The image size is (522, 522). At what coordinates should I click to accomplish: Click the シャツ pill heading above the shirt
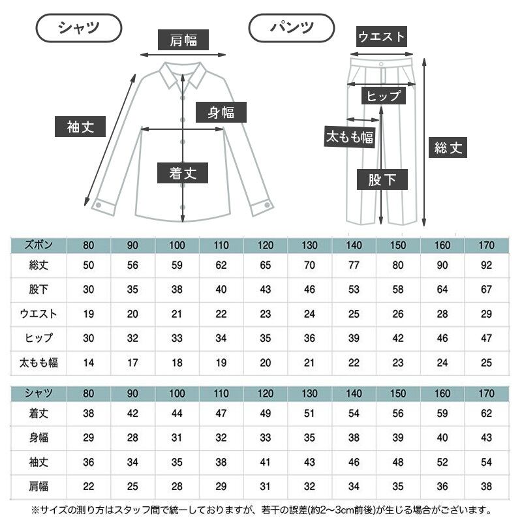(78, 27)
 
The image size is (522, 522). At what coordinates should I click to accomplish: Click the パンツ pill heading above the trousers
(292, 27)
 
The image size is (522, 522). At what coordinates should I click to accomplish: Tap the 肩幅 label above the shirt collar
(183, 40)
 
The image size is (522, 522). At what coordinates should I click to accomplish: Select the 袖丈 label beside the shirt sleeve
(80, 126)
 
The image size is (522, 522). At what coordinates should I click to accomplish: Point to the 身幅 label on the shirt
(221, 112)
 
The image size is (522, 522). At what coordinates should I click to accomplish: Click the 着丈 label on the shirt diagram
(183, 173)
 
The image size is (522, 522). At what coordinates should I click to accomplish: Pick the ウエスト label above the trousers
(382, 37)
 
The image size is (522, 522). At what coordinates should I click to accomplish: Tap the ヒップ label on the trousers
(383, 96)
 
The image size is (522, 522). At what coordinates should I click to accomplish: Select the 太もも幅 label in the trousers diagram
(349, 137)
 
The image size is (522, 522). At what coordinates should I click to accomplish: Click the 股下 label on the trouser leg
(382, 179)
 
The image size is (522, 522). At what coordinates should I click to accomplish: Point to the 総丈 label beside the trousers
(448, 148)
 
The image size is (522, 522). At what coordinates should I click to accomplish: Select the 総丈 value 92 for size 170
(485, 266)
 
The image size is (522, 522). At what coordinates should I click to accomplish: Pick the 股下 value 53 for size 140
(353, 290)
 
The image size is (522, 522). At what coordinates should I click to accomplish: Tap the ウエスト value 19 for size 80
(88, 314)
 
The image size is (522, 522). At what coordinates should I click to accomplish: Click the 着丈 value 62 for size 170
(485, 413)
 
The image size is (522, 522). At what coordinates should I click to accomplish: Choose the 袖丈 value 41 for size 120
(265, 462)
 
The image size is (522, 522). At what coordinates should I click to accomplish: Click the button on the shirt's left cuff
(99, 205)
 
